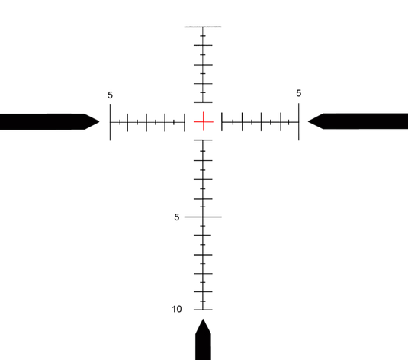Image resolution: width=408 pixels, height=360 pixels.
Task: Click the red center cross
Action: pyautogui.click(x=203, y=121)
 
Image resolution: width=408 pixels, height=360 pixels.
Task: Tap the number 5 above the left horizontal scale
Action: pyautogui.click(x=110, y=95)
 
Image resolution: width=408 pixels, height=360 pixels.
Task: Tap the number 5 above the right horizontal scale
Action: pyautogui.click(x=298, y=93)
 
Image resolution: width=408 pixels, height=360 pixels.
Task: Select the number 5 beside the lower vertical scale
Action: pyautogui.click(x=177, y=217)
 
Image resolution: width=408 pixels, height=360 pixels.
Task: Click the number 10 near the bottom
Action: pyautogui.click(x=177, y=309)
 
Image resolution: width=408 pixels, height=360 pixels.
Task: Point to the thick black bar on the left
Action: pyautogui.click(x=50, y=121)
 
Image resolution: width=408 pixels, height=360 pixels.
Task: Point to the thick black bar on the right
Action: pyautogui.click(x=358, y=121)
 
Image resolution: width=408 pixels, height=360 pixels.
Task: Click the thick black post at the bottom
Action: pyautogui.click(x=203, y=339)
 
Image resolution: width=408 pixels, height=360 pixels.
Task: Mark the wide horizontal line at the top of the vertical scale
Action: pyautogui.click(x=203, y=27)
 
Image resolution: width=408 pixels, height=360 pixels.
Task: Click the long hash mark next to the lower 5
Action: pyautogui.click(x=203, y=217)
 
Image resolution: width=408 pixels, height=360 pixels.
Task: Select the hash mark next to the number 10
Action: pyautogui.click(x=203, y=310)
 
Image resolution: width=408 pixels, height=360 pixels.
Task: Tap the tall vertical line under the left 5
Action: pyautogui.click(x=110, y=122)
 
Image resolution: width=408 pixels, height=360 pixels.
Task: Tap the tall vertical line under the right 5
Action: pyautogui.click(x=298, y=121)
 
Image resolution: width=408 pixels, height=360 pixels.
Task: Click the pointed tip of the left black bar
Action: pyautogui.click(x=99, y=121)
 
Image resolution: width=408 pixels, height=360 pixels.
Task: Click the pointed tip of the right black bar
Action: pyautogui.click(x=308, y=121)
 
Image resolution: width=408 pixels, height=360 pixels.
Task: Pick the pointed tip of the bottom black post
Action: pyautogui.click(x=203, y=319)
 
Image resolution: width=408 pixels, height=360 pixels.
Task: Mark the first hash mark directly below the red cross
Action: pyautogui.click(x=203, y=140)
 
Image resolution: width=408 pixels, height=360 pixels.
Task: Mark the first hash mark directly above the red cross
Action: pyautogui.click(x=203, y=102)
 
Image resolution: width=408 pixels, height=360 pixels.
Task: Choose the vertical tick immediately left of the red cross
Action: pyautogui.click(x=185, y=122)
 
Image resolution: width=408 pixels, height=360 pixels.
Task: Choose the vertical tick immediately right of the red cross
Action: pyautogui.click(x=222, y=121)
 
